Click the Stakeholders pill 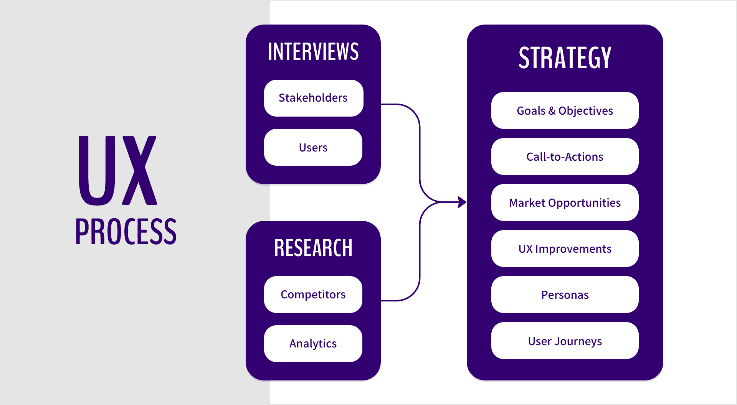tap(313, 98)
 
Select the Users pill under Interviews tap(313, 147)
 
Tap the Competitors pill tap(313, 295)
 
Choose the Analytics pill tap(313, 344)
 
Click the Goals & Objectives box tap(565, 110)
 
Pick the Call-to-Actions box tap(565, 156)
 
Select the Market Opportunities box tap(565, 202)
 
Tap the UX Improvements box tap(565, 249)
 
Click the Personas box tap(565, 295)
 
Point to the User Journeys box tap(565, 341)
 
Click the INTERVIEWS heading tap(313, 51)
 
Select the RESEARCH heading tap(313, 248)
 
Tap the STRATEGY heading tap(565, 58)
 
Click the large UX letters tap(117, 170)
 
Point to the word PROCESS tap(126, 231)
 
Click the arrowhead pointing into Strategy tap(462, 202)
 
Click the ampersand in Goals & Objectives tap(552, 111)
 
